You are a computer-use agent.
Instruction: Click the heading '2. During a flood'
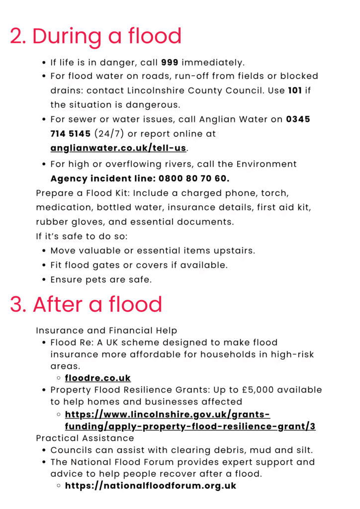[95, 37]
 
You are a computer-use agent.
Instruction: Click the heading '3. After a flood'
[86, 304]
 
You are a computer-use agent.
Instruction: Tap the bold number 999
[170, 63]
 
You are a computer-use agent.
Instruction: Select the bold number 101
[295, 91]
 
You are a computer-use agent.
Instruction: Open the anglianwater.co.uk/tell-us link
[119, 148]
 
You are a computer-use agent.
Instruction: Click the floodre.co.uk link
[98, 378]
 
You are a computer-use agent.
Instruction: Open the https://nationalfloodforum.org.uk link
[151, 486]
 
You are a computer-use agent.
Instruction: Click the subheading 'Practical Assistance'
[85, 438]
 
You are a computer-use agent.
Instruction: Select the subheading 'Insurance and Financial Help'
[106, 331]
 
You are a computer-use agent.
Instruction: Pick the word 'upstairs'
[233, 251]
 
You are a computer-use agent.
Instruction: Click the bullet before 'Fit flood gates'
[45, 265]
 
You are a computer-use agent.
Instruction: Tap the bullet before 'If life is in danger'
[45, 63]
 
